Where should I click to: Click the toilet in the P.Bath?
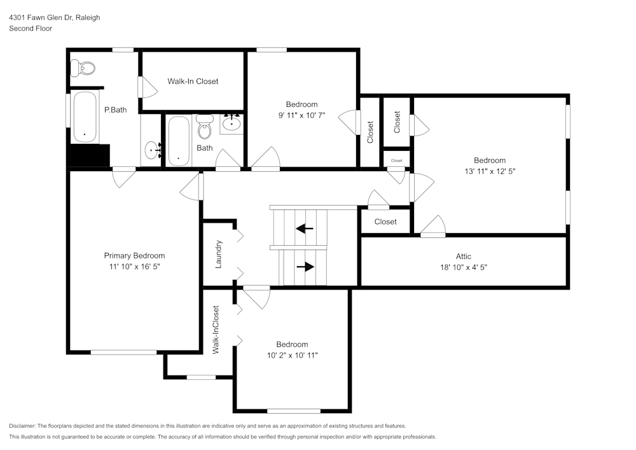click(83, 67)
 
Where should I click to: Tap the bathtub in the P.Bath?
click(84, 117)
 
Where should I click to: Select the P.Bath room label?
click(115, 109)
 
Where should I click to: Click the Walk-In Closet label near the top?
click(193, 81)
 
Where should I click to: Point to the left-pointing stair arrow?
click(305, 228)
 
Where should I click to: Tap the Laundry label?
click(218, 254)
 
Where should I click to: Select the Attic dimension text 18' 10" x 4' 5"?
click(463, 267)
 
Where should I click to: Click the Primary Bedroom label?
click(134, 256)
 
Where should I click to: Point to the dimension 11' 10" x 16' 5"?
click(134, 267)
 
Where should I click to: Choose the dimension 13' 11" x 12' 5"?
click(489, 171)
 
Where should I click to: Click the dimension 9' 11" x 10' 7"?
click(301, 115)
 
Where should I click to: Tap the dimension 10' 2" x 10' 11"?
click(292, 355)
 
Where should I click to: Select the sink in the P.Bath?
click(152, 150)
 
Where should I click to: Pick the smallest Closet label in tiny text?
click(397, 160)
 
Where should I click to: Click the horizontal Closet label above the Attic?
click(385, 221)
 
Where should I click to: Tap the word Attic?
click(463, 257)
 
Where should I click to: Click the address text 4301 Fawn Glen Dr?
click(40, 18)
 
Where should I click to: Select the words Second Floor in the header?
click(31, 29)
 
